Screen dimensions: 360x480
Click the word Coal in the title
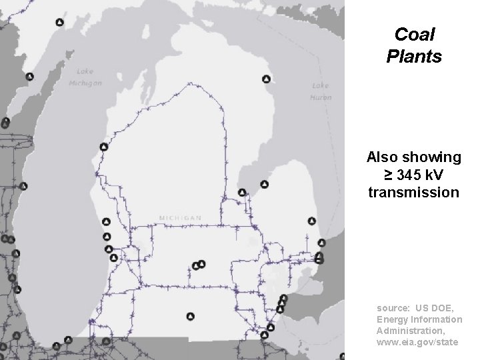coord(414,34)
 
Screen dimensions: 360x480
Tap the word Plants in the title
coord(414,57)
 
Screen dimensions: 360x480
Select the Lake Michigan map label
coord(85,77)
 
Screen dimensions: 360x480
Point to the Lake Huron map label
coord(321,91)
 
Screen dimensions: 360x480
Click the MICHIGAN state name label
coord(180,218)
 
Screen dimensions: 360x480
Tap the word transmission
coord(413,193)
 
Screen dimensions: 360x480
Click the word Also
coord(382,157)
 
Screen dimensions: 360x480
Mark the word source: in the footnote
coord(393,308)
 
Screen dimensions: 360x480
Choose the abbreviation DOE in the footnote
coord(443,308)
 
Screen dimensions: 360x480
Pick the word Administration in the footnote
coord(410,331)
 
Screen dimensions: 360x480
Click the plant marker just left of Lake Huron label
coord(266,79)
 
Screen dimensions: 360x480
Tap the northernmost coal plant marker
coord(59,22)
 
